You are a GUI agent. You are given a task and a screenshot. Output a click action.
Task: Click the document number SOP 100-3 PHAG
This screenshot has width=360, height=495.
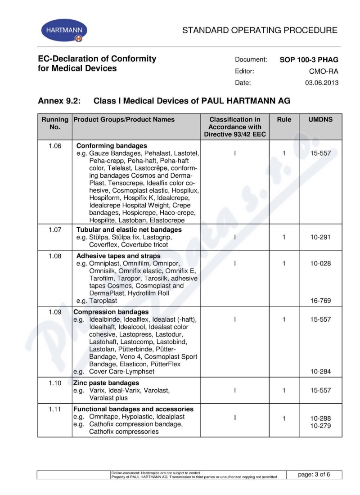pos(309,59)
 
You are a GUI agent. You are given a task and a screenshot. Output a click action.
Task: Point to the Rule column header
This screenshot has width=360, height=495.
pos(284,120)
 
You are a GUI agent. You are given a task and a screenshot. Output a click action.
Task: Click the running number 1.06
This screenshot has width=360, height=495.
pos(54,146)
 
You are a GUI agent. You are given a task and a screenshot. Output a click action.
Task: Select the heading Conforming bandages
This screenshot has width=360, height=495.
pos(112,146)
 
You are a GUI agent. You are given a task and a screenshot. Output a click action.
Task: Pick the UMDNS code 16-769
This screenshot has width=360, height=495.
pos(320,301)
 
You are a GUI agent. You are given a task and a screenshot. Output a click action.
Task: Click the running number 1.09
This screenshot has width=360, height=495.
pos(54,312)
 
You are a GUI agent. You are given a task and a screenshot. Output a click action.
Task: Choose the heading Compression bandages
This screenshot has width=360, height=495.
pos(111,312)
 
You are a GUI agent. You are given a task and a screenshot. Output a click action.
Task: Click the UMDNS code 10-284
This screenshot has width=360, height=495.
pos(320,372)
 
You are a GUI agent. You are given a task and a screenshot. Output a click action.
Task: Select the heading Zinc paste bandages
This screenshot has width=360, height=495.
pos(106,383)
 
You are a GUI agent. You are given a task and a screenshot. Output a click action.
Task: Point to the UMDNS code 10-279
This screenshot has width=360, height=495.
pos(320,425)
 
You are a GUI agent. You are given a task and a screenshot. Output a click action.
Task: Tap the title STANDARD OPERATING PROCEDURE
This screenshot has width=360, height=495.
pos(260,31)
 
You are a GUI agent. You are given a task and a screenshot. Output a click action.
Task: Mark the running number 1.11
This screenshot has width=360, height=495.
pos(54,409)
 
